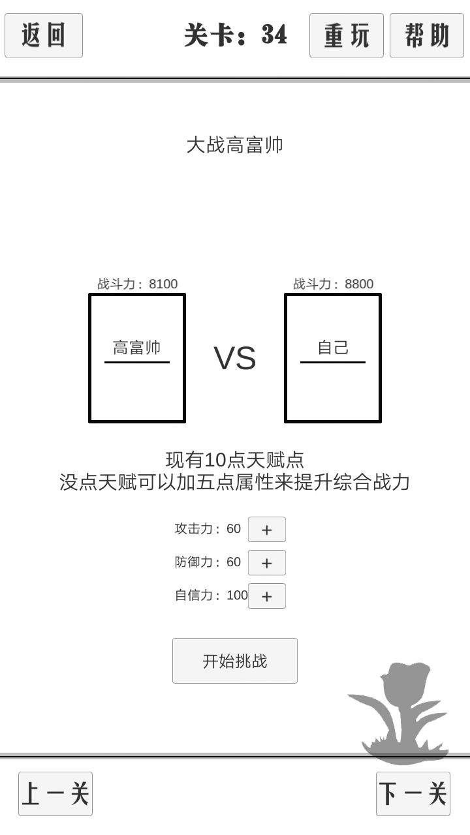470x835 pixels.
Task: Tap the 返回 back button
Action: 44,35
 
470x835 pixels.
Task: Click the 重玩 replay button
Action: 347,35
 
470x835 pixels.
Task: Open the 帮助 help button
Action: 427,35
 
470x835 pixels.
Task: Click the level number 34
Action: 274,35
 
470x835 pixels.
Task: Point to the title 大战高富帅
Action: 234,145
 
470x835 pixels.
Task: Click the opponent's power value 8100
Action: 163,284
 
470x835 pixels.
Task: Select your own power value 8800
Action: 359,284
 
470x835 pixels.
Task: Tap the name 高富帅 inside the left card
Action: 137,348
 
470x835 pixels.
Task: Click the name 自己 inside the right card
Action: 333,348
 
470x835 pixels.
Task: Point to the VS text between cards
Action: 235,358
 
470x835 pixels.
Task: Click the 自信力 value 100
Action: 237,596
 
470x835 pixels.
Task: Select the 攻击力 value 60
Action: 234,528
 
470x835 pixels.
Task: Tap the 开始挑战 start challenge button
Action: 235,661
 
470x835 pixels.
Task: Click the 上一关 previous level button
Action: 55,794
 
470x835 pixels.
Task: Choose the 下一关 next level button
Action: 413,794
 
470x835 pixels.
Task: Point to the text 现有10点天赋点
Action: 234,460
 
